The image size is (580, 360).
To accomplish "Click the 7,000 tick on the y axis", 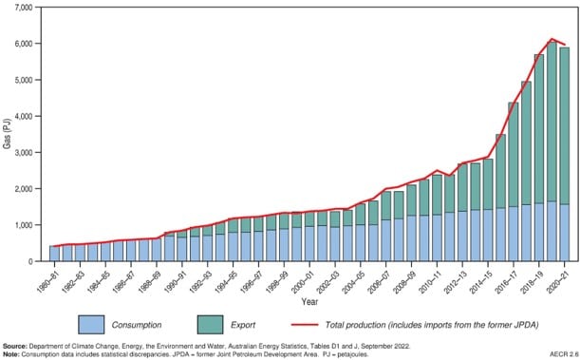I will pyautogui.click(x=22, y=8).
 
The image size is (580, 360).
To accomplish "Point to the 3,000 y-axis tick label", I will pyautogui.click(x=22, y=152).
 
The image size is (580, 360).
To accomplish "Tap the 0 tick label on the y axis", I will pyautogui.click(x=30, y=261).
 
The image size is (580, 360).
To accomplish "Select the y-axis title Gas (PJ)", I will pyautogui.click(x=7, y=134).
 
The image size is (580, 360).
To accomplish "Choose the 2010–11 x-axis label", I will pyautogui.click(x=430, y=278).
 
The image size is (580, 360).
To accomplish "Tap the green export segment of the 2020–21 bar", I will pyautogui.click(x=566, y=123).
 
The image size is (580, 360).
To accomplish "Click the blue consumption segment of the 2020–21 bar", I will pyautogui.click(x=566, y=233).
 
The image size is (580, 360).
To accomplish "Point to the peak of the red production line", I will pyautogui.click(x=552, y=39).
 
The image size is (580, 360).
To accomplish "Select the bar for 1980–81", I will pyautogui.click(x=54, y=254).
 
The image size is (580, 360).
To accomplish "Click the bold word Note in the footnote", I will pyautogui.click(x=12, y=353).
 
